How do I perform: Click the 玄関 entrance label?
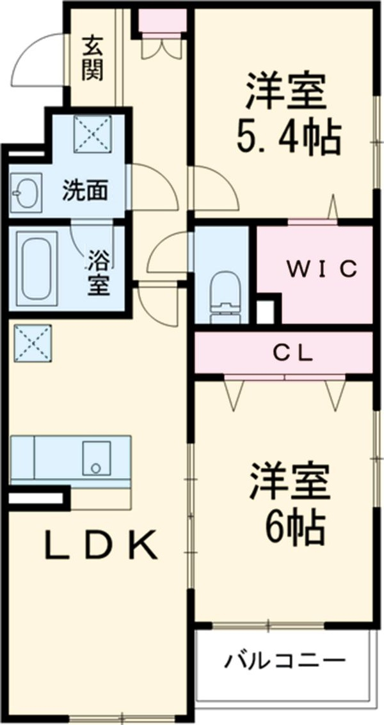[93, 58]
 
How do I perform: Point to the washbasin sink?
[26, 190]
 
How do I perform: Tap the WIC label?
[321, 270]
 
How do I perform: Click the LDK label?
[100, 545]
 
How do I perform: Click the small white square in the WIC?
[264, 311]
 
